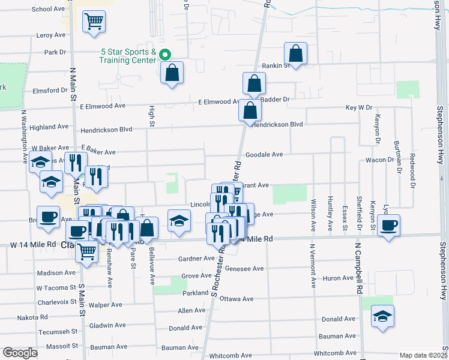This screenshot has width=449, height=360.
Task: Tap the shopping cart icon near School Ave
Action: point(94,22)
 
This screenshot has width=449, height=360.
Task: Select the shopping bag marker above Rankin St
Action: point(296,53)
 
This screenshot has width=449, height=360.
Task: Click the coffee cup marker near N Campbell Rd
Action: point(388,226)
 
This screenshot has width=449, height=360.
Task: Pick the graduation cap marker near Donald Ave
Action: point(382,316)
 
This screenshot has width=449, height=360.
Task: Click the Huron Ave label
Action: point(339,278)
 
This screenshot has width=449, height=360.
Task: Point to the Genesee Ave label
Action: point(244,269)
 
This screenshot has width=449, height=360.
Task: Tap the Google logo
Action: point(20,352)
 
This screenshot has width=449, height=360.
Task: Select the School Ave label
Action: point(48,9)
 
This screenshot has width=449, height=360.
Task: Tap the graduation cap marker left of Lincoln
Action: point(179,221)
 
